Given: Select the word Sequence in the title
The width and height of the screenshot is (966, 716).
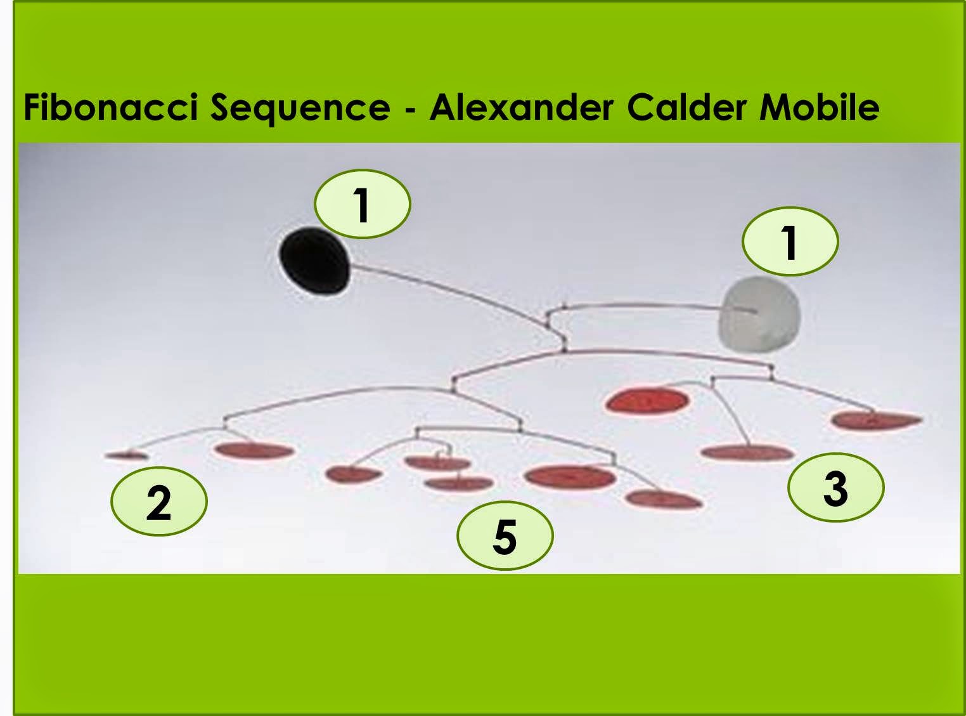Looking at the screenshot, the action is point(300,108).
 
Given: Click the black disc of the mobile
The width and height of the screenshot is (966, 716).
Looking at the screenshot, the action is point(314,261).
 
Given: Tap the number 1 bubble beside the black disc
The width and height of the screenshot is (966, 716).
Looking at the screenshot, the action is point(363,204).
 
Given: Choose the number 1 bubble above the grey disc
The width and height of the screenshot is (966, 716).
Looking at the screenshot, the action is point(790,242).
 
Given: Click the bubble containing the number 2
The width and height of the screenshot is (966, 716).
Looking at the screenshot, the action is point(159,502).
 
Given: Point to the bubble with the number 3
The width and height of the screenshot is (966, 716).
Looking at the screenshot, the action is point(835,488).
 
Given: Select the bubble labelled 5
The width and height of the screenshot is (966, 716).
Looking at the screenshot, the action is point(505,536).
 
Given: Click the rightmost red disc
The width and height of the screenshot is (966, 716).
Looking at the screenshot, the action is point(876,420).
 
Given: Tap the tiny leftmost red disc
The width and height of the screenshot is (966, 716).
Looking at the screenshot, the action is point(127,455).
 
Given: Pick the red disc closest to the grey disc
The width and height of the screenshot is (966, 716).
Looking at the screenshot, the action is point(647,401).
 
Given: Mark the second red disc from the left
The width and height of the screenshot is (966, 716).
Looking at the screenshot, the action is point(254,450).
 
